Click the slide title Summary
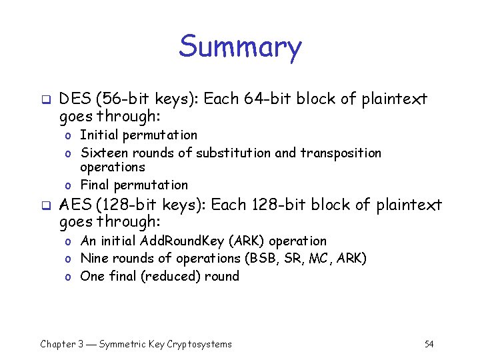[240, 47]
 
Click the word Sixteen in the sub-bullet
[102, 153]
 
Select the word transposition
[341, 153]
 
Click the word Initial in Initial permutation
[97, 135]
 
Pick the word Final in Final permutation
[95, 185]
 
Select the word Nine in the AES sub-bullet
[93, 258]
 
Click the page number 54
[429, 344]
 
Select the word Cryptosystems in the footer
[199, 344]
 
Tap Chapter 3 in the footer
[61, 344]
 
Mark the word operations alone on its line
[113, 167]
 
